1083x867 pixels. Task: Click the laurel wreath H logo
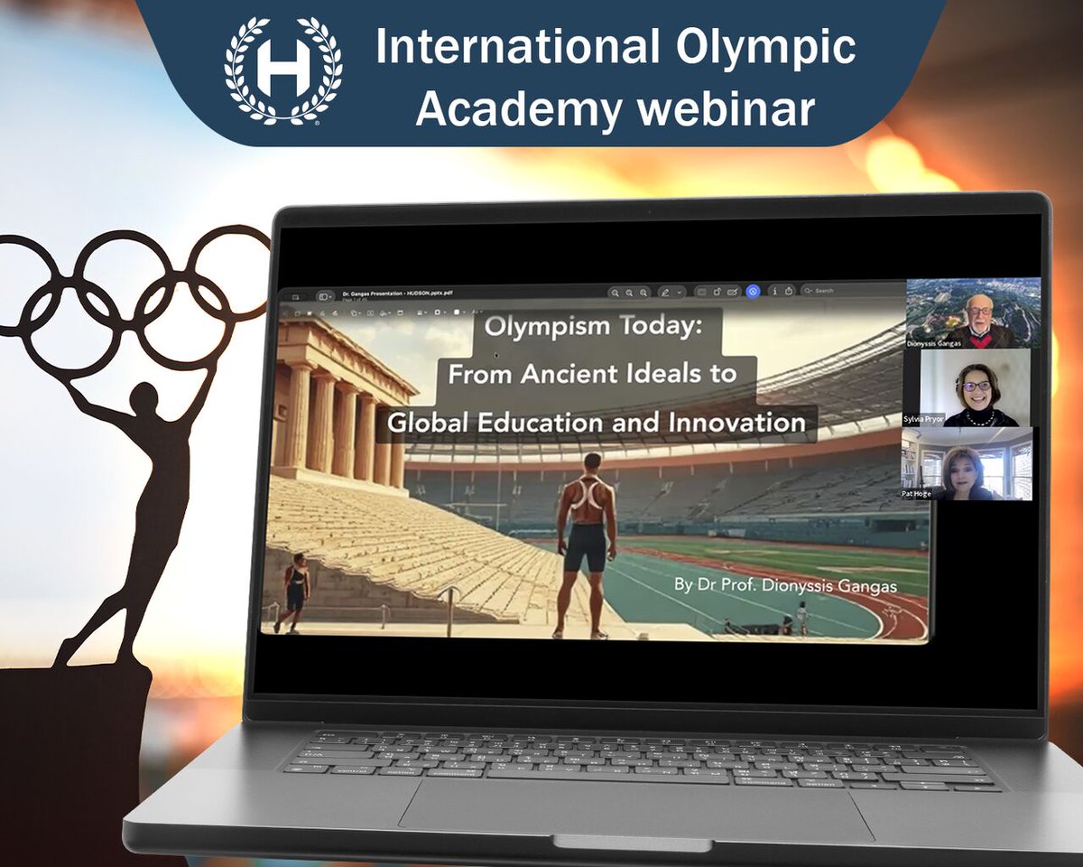click(283, 70)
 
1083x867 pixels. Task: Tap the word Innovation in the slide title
click(737, 422)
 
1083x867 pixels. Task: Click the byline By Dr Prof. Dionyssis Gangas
click(785, 586)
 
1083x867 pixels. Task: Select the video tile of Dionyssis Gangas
click(973, 313)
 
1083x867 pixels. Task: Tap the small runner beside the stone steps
click(295, 592)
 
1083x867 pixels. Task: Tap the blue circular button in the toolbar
click(753, 291)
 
